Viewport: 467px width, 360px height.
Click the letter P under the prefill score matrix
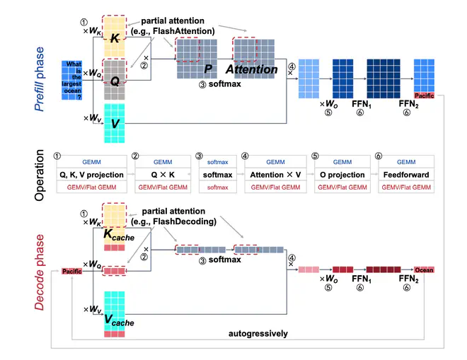(207, 70)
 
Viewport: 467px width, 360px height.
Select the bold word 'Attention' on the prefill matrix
(251, 70)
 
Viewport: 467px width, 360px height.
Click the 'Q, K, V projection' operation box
(92, 175)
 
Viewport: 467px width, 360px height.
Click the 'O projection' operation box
(342, 175)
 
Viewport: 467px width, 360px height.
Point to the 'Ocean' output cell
(423, 270)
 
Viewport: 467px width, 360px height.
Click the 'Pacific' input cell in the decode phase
(71, 271)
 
